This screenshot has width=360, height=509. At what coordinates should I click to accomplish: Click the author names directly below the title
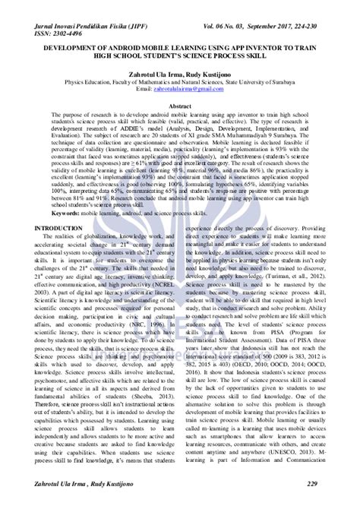[180, 71]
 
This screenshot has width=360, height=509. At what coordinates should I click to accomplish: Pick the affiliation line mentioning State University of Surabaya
[180, 79]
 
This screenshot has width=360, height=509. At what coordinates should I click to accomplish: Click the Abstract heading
[180, 108]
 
